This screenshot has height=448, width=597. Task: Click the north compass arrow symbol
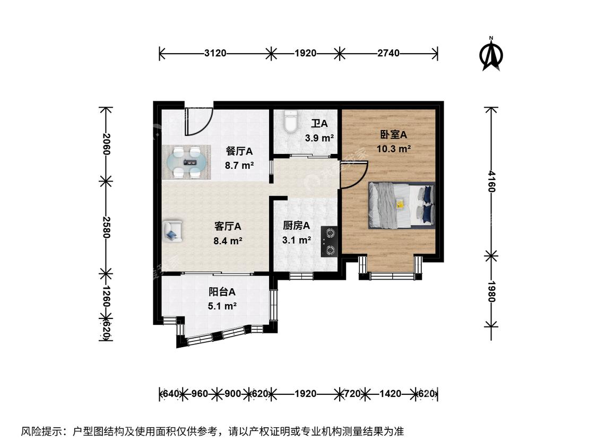491,55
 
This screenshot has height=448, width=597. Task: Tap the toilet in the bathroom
291,121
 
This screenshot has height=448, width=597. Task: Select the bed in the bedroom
401,205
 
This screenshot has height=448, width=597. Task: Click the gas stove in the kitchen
329,242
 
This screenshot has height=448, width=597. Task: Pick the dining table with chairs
187,162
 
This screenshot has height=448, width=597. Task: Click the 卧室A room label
393,134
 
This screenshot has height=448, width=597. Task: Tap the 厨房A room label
296,226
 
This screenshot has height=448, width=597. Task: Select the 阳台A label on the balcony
222,292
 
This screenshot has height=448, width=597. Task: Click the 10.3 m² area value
394,149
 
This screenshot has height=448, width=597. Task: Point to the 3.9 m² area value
319,138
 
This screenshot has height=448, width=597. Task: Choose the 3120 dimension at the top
215,53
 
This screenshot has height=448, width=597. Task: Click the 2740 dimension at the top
388,53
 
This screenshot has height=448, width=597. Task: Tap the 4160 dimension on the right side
491,181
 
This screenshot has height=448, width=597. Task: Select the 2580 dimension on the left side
106,227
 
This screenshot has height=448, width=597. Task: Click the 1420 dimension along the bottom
390,393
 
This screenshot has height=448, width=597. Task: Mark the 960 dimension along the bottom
200,393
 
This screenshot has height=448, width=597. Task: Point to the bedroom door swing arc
354,175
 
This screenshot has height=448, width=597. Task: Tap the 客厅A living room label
228,226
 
